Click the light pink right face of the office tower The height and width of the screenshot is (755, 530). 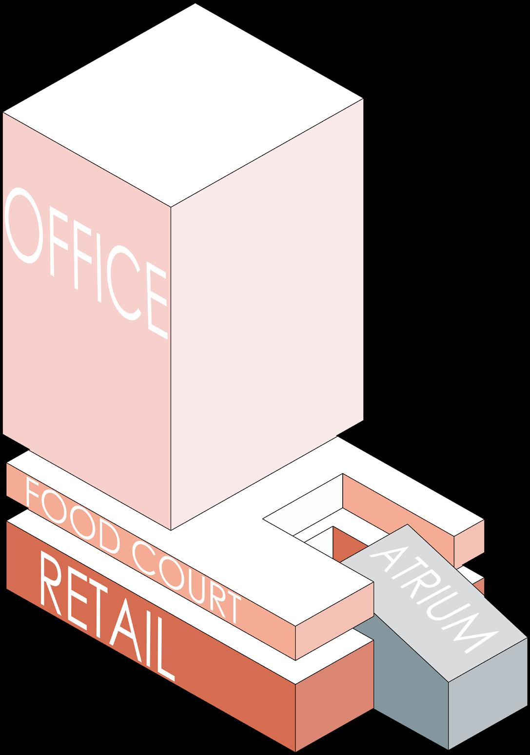coord(266,312)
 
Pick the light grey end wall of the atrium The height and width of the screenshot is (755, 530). coord(488,697)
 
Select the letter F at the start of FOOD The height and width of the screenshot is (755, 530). coord(33,495)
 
